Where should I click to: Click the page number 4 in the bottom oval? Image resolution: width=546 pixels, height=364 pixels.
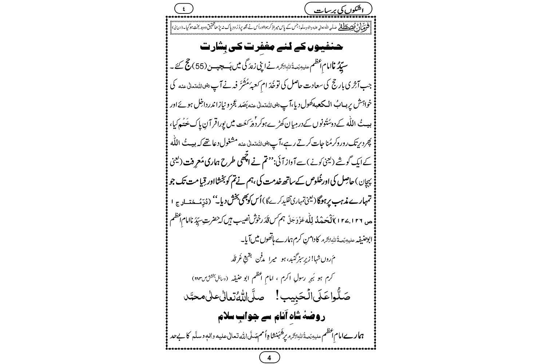[x=269, y=357]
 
